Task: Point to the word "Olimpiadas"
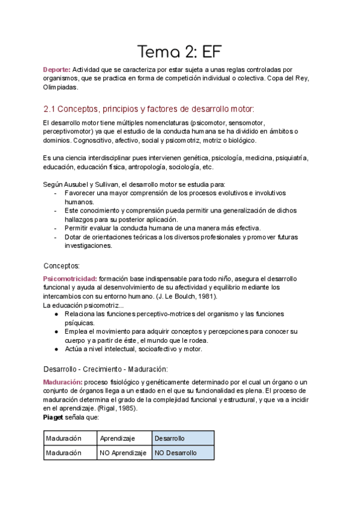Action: coord(61,87)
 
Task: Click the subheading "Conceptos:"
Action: coord(66,265)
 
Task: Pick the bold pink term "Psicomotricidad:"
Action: coord(70,279)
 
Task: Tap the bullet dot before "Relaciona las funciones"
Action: coord(56,314)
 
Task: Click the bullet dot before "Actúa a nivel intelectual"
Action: coord(56,349)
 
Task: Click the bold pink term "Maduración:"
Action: coord(62,382)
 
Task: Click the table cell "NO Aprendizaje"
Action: coord(123,453)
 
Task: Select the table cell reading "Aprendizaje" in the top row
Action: coord(123,439)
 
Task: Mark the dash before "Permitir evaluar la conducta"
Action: coord(56,228)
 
